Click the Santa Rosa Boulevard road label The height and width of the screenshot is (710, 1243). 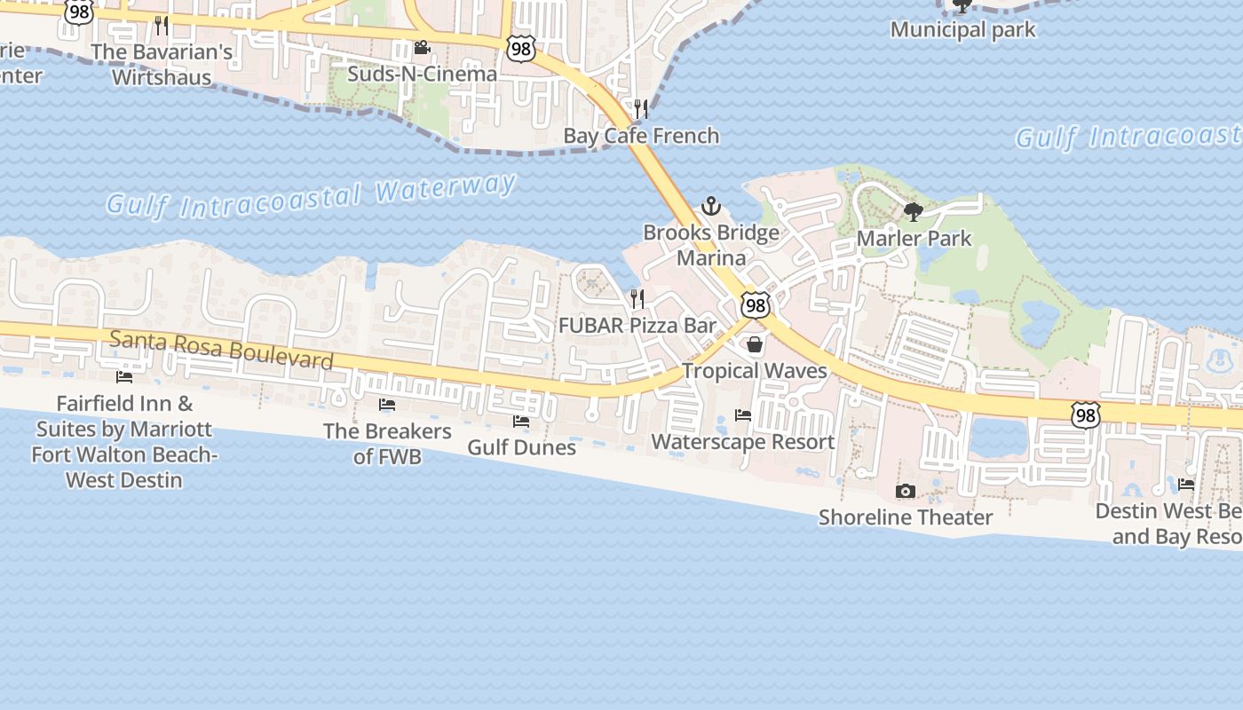(221, 350)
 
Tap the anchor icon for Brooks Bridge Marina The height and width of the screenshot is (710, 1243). (710, 207)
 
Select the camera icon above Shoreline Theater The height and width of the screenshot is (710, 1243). (905, 491)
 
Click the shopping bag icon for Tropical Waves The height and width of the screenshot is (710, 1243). (755, 344)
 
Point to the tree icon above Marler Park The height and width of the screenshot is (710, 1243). (913, 212)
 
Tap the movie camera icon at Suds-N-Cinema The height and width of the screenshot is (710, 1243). (422, 48)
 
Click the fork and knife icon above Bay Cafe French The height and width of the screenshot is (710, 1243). (641, 109)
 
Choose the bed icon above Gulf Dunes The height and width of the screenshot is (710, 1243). (521, 421)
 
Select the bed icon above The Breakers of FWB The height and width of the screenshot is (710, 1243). (387, 405)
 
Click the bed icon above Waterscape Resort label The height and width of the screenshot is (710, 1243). (743, 415)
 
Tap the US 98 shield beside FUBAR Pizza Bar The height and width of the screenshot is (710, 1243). (755, 305)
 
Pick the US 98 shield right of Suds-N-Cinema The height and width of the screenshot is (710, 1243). (521, 49)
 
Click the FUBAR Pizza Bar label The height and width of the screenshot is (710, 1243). (637, 326)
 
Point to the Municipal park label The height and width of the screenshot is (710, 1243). (962, 30)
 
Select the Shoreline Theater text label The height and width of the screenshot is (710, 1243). (906, 517)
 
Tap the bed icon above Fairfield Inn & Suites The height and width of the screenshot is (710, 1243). (124, 377)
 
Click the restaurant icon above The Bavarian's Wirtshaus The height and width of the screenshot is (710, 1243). (161, 25)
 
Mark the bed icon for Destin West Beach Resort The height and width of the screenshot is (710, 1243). (1186, 485)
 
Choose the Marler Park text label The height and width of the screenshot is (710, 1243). (914, 239)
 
